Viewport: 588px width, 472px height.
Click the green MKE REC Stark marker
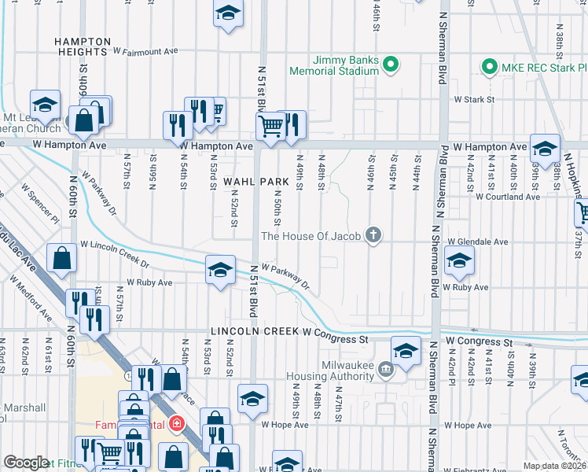[x=491, y=68]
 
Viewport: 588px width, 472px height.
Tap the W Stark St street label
[x=473, y=100]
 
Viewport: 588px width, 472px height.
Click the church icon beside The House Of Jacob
[x=373, y=234]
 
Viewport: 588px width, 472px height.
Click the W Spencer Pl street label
[x=39, y=202]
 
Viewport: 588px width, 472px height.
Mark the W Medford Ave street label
[x=31, y=300]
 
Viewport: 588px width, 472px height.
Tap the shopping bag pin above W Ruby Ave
[x=61, y=257]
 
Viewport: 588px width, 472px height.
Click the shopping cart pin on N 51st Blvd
[x=270, y=124]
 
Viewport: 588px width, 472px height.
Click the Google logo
[x=26, y=463]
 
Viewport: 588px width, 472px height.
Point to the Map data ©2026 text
[x=555, y=466]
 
